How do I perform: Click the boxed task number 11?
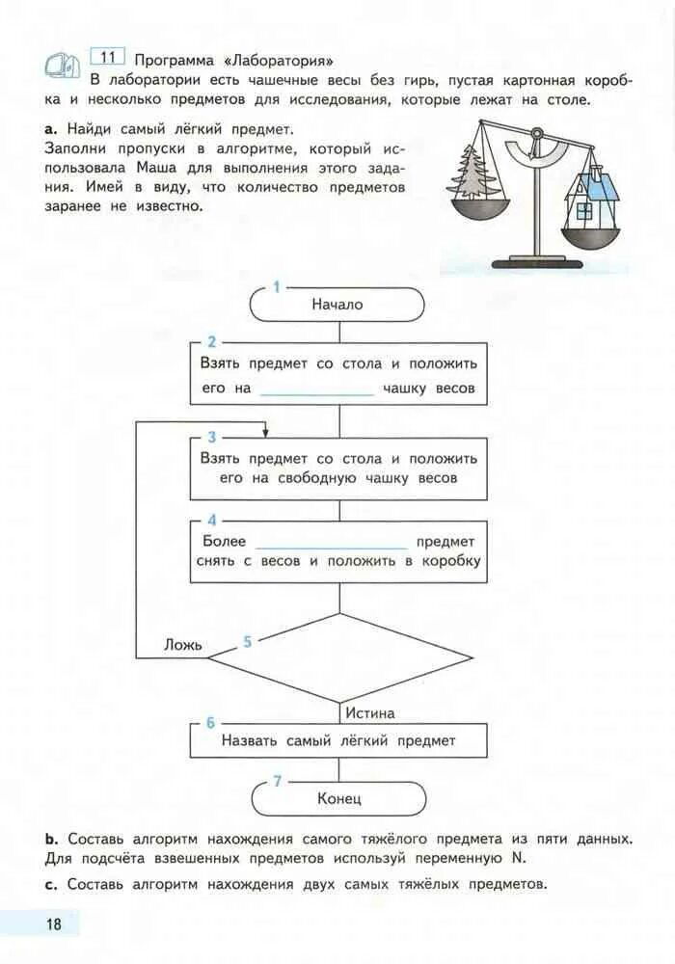pos(106,55)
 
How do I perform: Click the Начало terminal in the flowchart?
pos(337,304)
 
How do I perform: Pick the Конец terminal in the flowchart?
pos(337,798)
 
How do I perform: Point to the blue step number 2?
pos(212,342)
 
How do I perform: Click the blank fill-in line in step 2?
pos(316,390)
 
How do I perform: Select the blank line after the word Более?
pos(332,543)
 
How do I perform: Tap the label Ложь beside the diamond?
pos(182,645)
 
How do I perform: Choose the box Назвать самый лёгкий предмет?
pos(337,740)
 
